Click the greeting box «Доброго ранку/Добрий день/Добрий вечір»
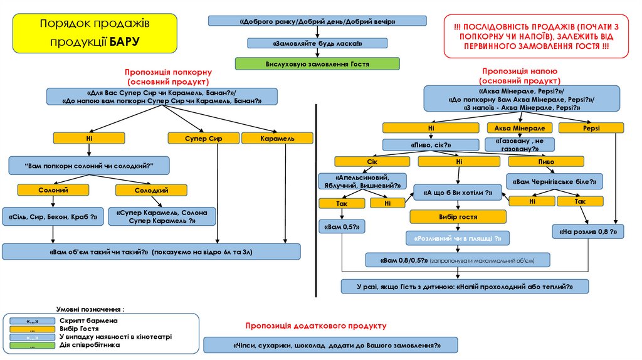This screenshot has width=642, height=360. point(317,21)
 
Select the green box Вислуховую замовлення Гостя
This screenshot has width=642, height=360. point(317,64)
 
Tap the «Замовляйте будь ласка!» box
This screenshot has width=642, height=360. point(317,43)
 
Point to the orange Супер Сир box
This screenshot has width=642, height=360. point(203,138)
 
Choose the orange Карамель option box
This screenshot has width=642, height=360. point(277,138)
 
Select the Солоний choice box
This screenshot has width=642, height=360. point(53,190)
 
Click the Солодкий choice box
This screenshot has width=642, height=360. point(151,190)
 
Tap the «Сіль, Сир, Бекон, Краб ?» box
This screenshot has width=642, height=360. point(53,216)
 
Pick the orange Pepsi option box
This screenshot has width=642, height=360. point(591,128)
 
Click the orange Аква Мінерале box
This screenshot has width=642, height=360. point(512,128)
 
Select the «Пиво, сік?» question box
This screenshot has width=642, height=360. point(431,145)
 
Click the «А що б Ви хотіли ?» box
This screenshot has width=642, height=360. point(458,193)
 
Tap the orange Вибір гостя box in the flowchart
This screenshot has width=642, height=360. point(458,217)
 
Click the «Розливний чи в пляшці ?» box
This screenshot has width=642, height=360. point(458,239)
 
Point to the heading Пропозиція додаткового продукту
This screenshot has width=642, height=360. point(316,326)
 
